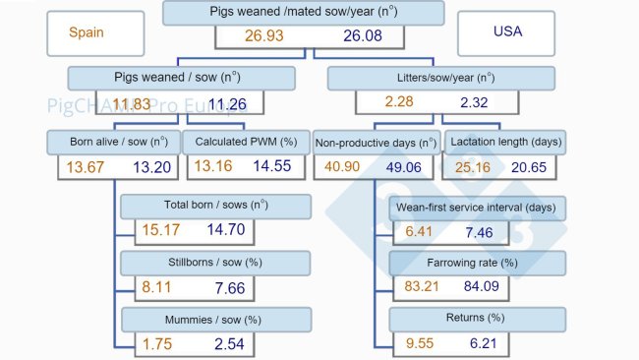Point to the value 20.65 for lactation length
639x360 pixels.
(x=536, y=166)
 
